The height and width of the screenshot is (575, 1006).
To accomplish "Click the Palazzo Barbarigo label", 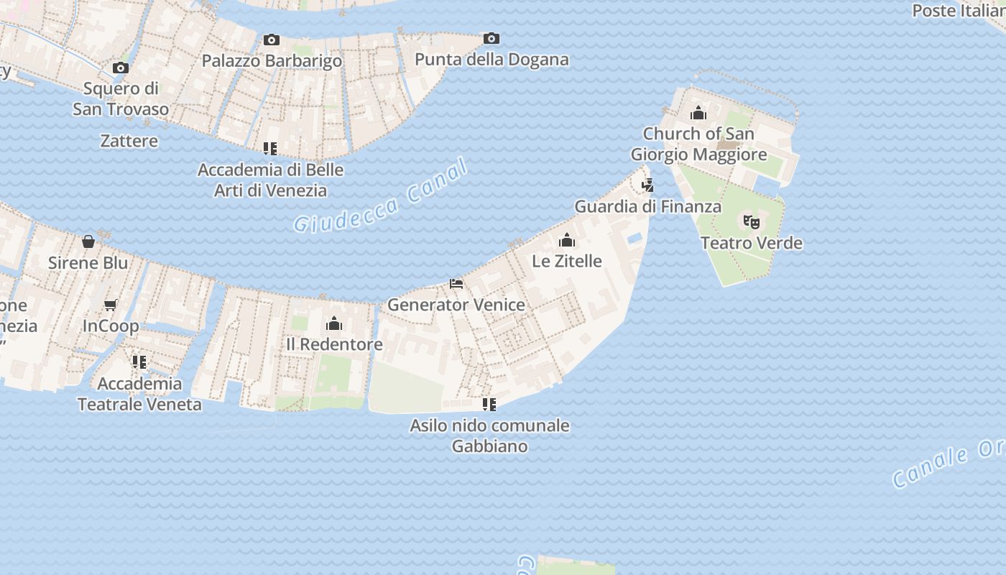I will (272, 60).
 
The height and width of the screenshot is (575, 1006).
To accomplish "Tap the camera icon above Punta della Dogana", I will (492, 38).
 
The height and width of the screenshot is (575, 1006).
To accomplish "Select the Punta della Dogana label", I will (492, 59).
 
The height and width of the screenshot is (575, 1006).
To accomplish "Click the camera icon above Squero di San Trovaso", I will (121, 68).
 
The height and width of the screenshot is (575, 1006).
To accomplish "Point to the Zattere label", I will (129, 140).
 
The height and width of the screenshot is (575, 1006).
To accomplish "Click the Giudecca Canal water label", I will (381, 196).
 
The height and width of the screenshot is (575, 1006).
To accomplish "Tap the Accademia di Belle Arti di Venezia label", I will (270, 180).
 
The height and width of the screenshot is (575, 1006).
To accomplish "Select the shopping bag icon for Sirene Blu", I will (88, 241).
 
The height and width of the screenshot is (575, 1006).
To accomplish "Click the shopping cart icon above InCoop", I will (111, 305).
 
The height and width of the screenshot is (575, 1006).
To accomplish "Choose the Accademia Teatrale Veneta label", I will (139, 393).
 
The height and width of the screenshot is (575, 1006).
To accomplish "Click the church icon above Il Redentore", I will (334, 323).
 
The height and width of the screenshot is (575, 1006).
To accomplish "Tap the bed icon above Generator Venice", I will (456, 284).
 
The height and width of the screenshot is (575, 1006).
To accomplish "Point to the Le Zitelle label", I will (567, 260).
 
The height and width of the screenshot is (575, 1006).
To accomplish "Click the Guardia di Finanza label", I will (647, 206).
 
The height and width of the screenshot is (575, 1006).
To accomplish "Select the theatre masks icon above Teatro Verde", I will (752, 221).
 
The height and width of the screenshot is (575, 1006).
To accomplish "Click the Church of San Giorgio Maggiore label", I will (698, 144).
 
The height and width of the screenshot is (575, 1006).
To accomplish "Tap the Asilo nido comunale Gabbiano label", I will (489, 435).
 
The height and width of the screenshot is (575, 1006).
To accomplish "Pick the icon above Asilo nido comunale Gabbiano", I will (489, 404).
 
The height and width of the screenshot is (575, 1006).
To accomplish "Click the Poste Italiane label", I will (959, 11).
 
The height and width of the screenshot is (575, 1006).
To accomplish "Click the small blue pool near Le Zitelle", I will (634, 238).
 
